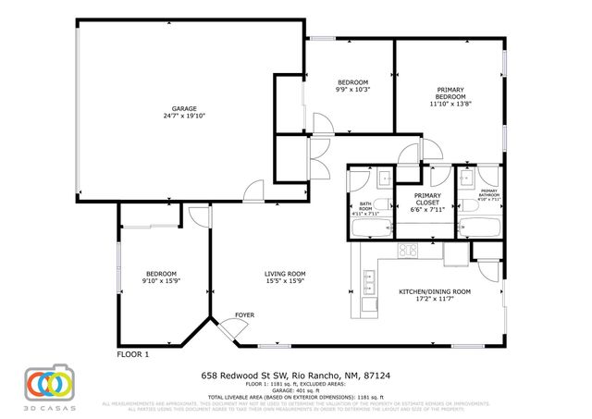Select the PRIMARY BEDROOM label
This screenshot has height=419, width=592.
coord(450,92)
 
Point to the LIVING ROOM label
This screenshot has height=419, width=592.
coord(285,273)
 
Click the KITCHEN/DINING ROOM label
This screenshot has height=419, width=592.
coord(434,291)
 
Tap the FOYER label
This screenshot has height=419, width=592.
coord(244,314)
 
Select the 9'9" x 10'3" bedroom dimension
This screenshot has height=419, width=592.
coord(352,90)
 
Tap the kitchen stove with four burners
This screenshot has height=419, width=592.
coord(408,250)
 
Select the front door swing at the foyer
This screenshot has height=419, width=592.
coord(225,327)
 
